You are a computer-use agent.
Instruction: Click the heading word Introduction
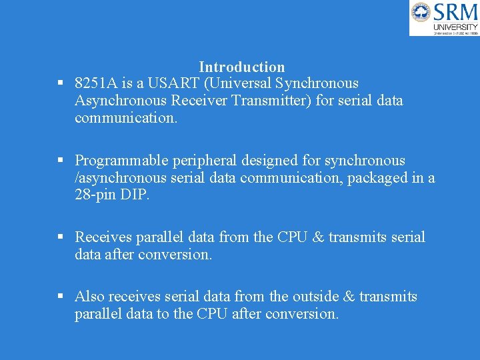click(241, 67)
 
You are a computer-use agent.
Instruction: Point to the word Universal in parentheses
click(239, 83)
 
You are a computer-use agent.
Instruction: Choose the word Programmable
click(121, 161)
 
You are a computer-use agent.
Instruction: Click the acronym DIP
click(135, 195)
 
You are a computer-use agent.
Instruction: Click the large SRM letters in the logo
click(456, 11)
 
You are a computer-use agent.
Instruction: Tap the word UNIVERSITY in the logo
click(456, 27)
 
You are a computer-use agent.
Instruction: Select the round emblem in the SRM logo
click(421, 12)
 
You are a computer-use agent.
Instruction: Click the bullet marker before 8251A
click(60, 83)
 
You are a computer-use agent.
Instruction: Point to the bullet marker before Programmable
click(60, 161)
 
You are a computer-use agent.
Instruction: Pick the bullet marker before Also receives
click(60, 297)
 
